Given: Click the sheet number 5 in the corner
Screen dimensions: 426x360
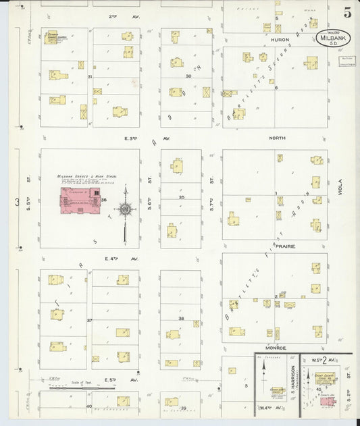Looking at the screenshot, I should click(346, 12).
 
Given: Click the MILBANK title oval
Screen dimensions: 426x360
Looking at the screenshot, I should click(329, 38).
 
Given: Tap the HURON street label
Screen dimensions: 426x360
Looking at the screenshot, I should click(279, 39).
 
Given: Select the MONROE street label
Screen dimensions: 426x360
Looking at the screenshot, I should click(278, 348).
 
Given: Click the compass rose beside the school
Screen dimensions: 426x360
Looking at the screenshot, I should click(125, 209).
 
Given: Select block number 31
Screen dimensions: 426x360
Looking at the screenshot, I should click(90, 78).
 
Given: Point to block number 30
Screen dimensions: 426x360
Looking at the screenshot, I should click(189, 76).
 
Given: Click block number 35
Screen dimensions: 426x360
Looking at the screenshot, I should click(181, 196).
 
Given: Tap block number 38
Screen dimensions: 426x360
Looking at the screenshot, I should click(181, 318).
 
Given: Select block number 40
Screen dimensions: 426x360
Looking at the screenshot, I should click(88, 406).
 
